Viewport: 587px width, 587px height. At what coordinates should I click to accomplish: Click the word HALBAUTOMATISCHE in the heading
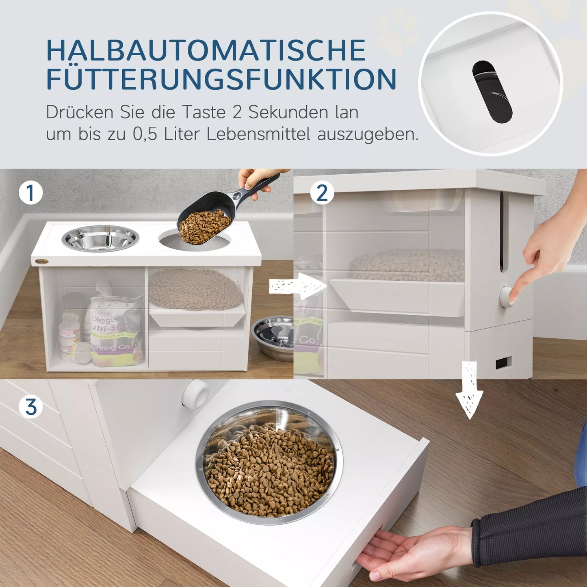coord(206,50)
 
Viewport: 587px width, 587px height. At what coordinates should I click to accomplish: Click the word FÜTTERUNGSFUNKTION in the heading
coord(221,80)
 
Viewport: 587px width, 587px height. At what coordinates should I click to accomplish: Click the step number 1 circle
coord(31,193)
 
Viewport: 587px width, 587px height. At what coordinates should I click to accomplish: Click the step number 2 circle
coord(322,193)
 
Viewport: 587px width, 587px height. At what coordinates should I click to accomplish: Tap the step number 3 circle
coord(31,407)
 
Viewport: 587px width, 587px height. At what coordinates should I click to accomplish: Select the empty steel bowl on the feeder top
coord(100,238)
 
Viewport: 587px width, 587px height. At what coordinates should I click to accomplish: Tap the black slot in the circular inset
coord(492,92)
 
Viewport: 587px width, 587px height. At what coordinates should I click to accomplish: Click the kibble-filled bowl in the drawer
coord(269,463)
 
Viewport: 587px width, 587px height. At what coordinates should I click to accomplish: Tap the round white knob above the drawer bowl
coord(195,393)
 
